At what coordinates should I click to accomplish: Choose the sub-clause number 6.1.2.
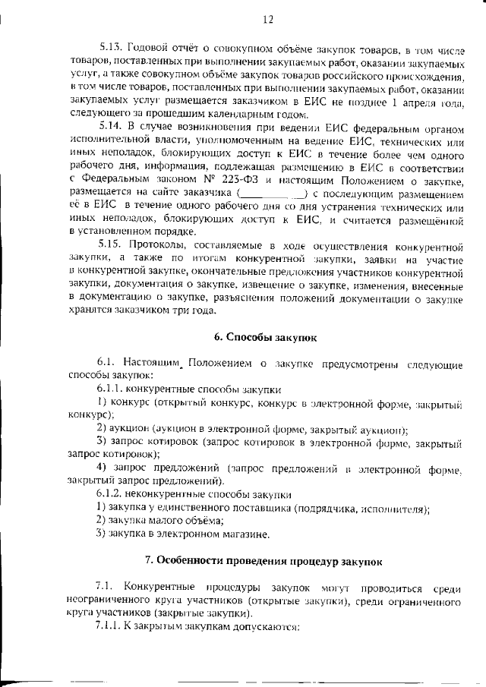111,495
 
